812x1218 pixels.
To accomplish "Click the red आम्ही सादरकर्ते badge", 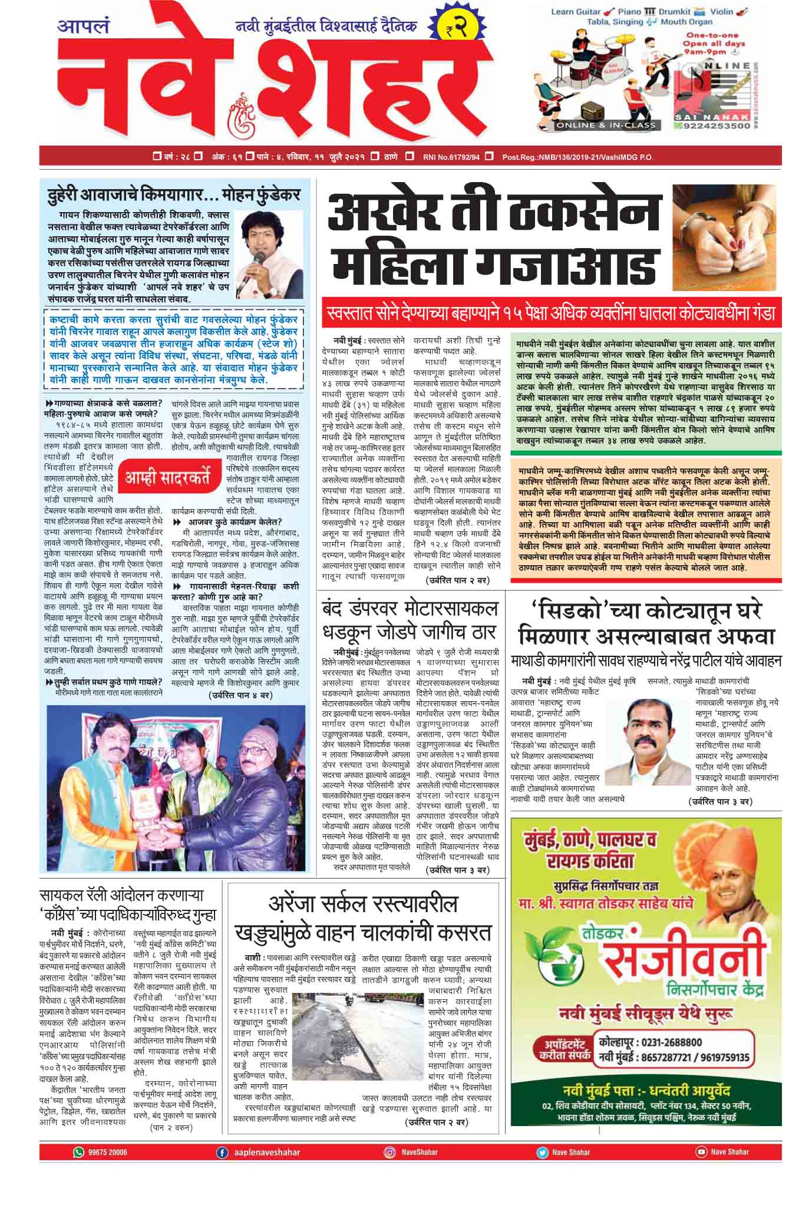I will click(x=167, y=478).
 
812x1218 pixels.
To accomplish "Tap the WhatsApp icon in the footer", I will click(x=78, y=1151).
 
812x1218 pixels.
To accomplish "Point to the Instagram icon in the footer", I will click(x=390, y=1151).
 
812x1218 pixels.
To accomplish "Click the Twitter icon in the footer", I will click(x=542, y=1151).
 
